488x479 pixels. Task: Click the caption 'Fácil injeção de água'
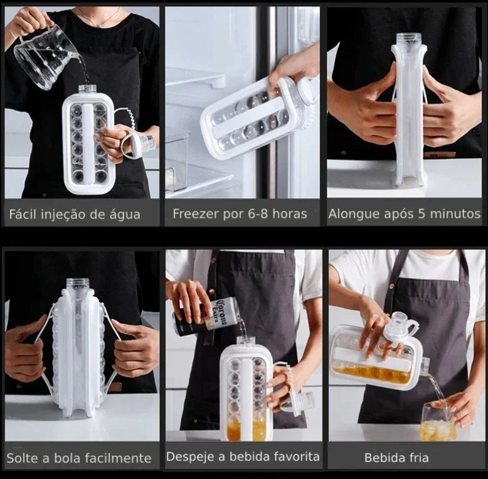pos(75,214)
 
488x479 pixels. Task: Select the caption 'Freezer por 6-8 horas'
pos(240,214)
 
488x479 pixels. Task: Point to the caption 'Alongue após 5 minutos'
pos(404,214)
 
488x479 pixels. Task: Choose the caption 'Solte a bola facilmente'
pos(79,458)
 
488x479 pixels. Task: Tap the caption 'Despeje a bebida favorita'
pos(243,456)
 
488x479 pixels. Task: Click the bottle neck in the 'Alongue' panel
pos(408,40)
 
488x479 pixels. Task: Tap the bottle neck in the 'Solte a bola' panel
pos(78,286)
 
